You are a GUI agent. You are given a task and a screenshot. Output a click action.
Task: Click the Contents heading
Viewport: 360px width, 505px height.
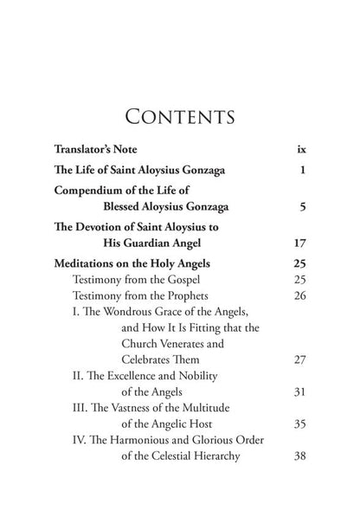click(x=179, y=116)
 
